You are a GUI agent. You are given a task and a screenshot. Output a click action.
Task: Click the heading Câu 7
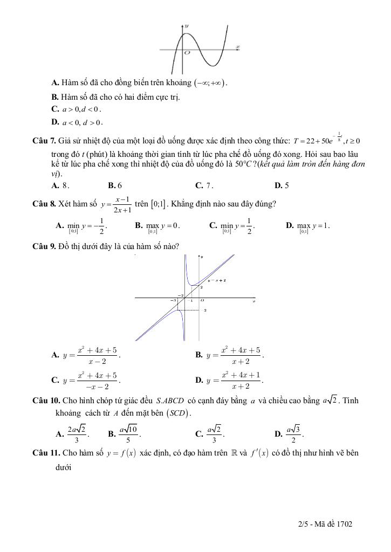pyautogui.click(x=44, y=141)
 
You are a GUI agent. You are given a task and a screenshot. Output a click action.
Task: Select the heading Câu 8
pyautogui.click(x=44, y=204)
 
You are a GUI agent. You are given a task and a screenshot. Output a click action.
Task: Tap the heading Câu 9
pyautogui.click(x=44, y=246)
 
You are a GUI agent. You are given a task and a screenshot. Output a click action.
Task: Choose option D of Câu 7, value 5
pyautogui.click(x=282, y=185)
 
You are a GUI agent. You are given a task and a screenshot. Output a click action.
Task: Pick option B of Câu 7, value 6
pyautogui.click(x=115, y=185)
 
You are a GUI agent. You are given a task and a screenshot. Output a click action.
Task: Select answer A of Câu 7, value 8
pyautogui.click(x=59, y=185)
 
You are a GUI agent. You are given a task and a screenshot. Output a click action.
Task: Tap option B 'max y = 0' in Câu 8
pyautogui.click(x=157, y=226)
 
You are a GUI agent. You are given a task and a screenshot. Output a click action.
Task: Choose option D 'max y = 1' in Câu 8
pyautogui.click(x=308, y=226)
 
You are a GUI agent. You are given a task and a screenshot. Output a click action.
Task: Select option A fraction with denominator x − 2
pyautogui.click(x=92, y=355)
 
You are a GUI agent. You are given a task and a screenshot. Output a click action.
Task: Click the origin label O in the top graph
pyautogui.click(x=187, y=53)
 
